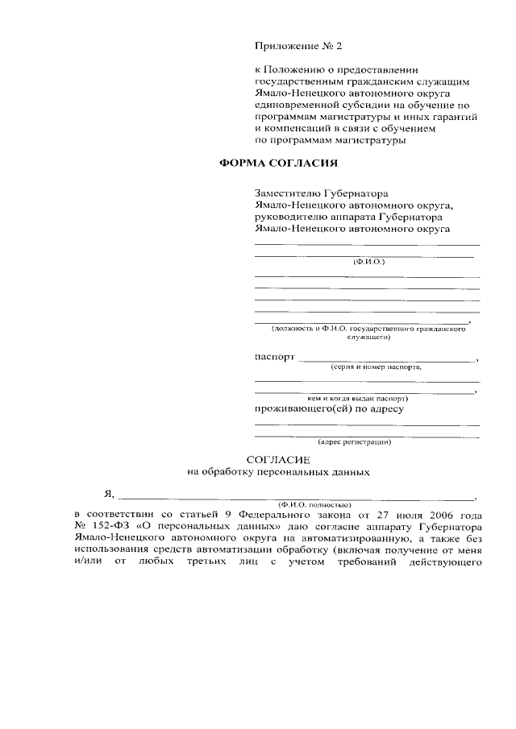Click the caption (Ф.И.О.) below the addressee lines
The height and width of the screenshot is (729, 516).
[x=368, y=263]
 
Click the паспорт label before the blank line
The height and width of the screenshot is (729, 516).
[x=275, y=357]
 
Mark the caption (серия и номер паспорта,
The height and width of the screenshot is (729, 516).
[x=375, y=367]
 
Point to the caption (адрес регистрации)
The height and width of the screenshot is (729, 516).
[x=355, y=441]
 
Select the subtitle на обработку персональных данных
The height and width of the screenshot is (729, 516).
[x=278, y=471]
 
